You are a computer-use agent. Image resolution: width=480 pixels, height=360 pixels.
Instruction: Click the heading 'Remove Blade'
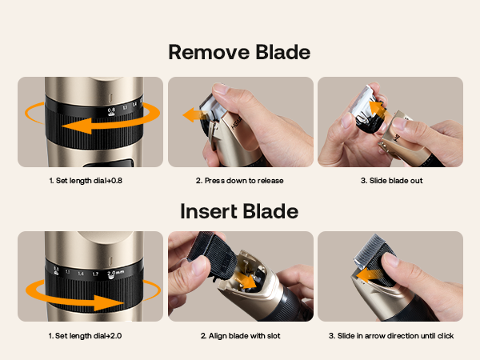239,53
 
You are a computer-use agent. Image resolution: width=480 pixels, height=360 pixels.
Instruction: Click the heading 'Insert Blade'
239,211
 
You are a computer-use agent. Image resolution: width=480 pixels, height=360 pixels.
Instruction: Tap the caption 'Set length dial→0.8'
90,181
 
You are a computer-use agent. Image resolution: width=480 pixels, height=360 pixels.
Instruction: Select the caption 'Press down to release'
240,181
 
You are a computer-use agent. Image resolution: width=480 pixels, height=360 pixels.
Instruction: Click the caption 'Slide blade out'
391,181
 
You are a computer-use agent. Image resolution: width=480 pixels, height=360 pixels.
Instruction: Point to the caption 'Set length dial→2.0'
90,336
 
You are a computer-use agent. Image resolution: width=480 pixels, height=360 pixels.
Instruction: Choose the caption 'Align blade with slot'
240,336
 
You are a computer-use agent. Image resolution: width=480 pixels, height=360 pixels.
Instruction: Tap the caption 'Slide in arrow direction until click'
391,336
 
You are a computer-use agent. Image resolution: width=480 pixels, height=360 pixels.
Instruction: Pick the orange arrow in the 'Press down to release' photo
192,116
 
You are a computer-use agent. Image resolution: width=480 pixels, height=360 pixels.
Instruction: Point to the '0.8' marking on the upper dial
111,110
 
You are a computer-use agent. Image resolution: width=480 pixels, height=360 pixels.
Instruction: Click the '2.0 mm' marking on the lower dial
116,273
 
